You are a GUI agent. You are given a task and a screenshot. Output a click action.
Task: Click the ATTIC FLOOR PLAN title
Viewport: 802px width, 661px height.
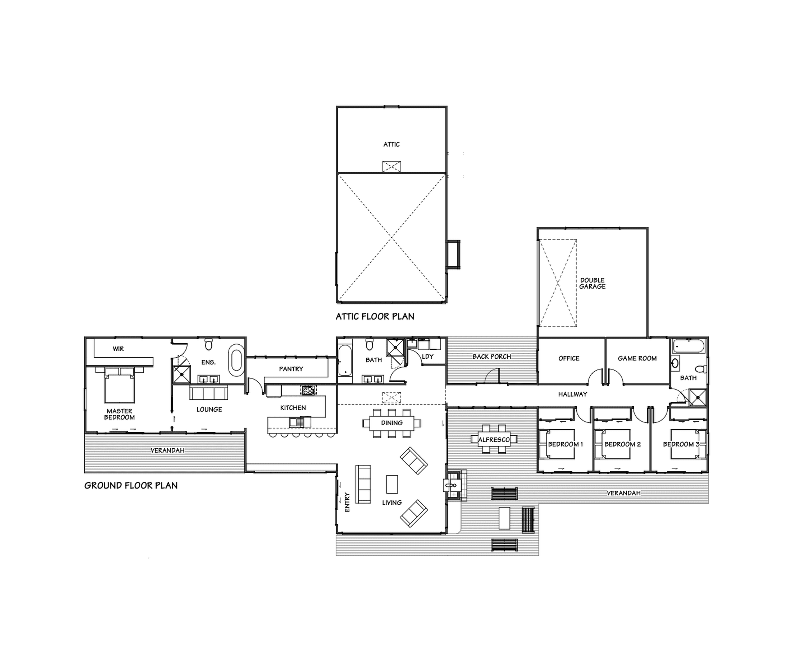[x=375, y=316]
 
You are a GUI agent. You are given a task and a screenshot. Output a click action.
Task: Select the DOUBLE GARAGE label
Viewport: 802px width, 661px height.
[x=592, y=283]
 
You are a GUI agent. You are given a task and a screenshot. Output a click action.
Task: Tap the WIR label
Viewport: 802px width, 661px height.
[x=118, y=349]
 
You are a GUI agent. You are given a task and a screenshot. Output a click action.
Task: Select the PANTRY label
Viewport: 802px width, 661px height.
[x=291, y=369]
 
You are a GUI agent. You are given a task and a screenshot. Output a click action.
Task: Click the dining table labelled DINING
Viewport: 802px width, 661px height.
[x=391, y=423]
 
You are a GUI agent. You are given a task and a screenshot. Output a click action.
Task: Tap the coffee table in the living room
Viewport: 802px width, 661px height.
[x=392, y=484]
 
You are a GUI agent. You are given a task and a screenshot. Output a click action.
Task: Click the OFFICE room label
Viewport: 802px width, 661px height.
[x=569, y=358]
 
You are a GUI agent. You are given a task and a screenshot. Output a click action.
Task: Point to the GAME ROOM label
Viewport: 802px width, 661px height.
[x=637, y=358]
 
